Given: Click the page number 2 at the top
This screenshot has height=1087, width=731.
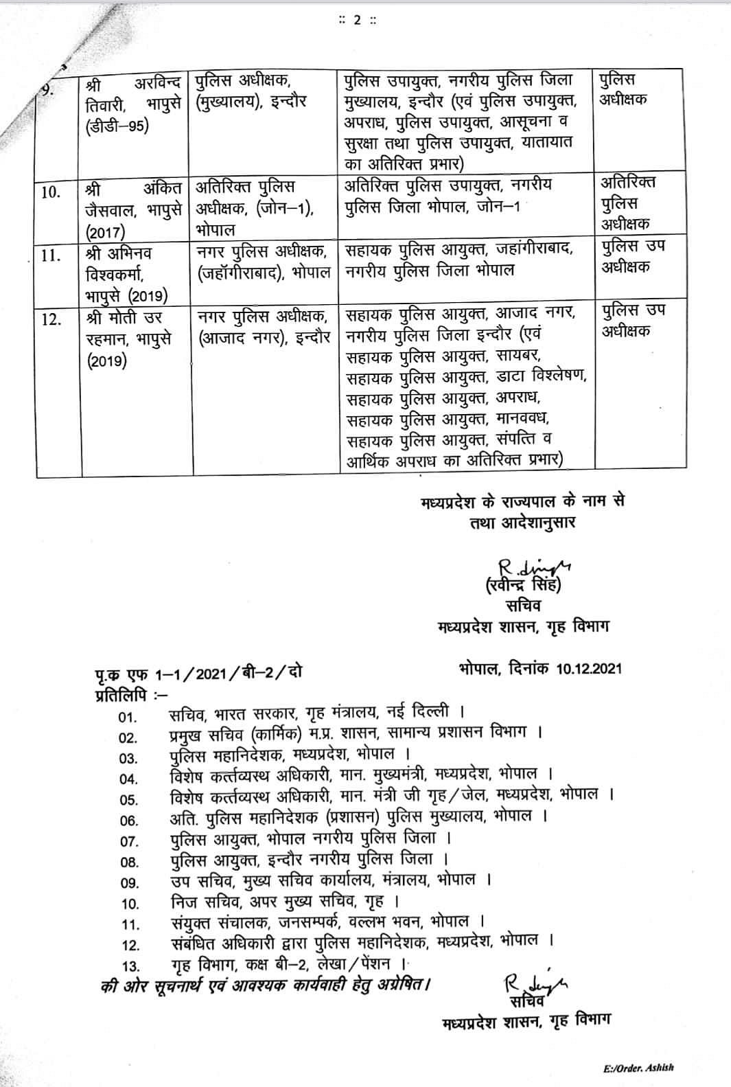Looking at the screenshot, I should click(356, 19).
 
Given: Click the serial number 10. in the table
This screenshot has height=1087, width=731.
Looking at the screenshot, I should click(52, 192).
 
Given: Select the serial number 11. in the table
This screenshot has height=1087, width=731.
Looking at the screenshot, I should click(52, 255).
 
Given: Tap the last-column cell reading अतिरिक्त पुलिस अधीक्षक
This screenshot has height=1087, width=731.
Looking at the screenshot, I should click(629, 203).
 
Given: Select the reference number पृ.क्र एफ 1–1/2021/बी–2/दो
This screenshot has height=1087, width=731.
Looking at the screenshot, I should click(198, 673).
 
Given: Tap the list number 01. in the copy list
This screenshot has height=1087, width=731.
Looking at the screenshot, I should click(128, 718).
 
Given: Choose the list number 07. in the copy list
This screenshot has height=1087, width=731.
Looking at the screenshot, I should click(129, 841).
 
